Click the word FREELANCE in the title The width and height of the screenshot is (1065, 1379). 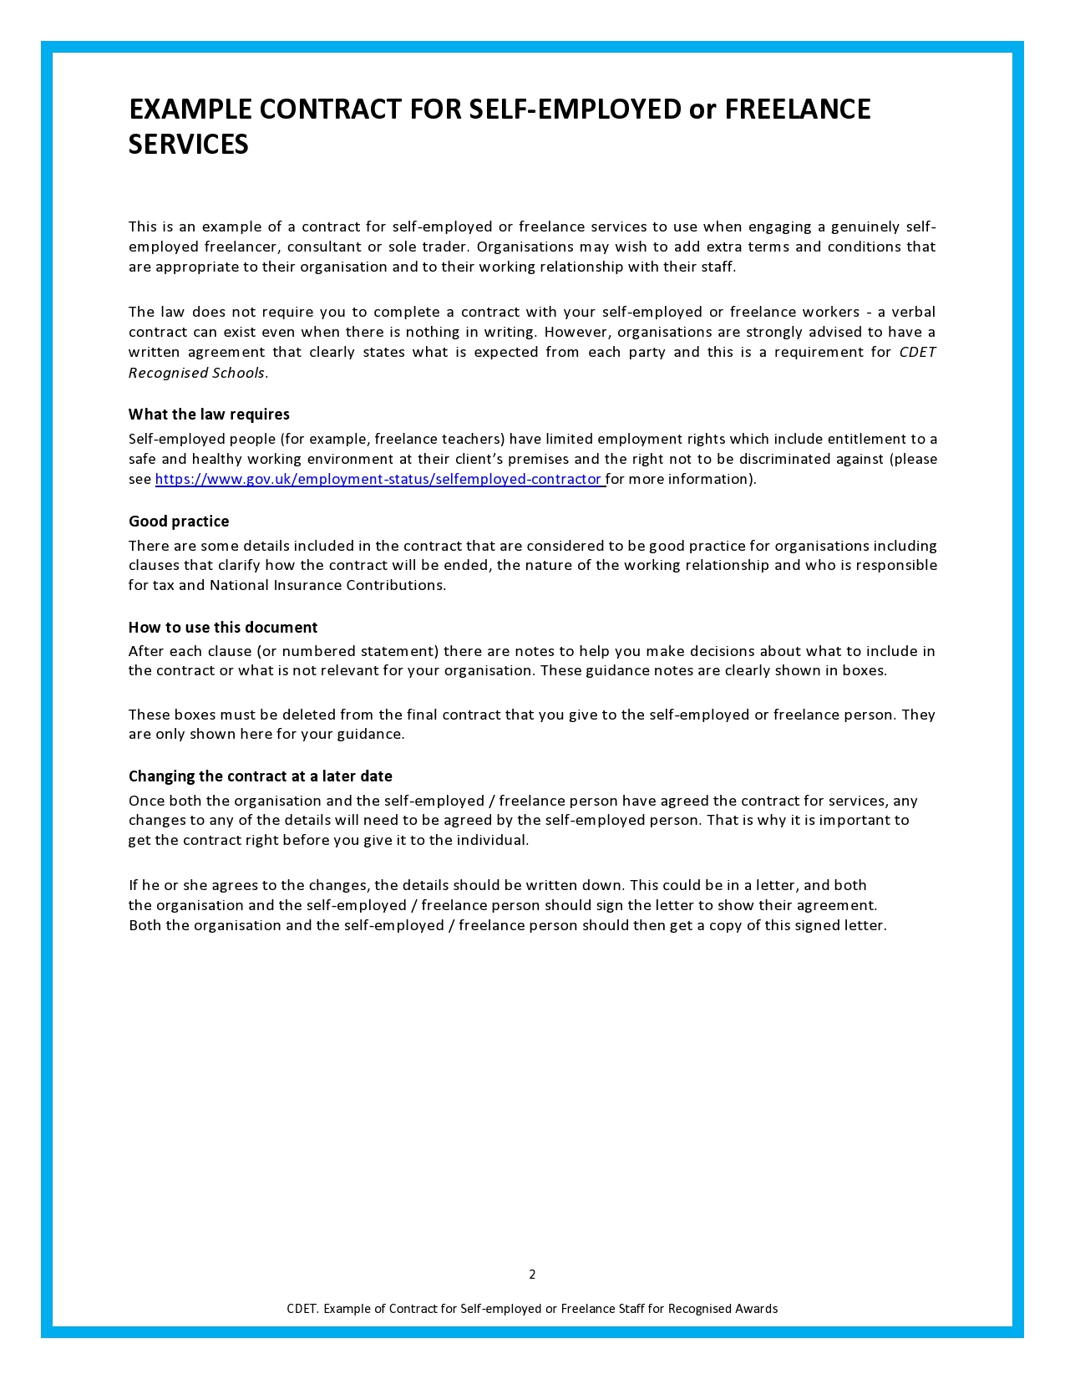click(798, 109)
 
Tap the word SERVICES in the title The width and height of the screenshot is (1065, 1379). click(189, 145)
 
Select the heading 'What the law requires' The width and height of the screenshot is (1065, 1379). click(209, 415)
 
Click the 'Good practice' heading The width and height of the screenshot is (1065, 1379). click(179, 522)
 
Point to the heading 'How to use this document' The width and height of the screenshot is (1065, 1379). click(223, 628)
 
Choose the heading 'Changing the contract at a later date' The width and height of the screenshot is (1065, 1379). click(260, 776)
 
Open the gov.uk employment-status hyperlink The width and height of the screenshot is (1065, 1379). click(378, 479)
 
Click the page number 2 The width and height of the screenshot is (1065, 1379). click(532, 1275)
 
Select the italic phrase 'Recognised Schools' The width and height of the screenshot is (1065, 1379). click(196, 373)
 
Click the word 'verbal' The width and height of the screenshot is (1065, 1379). click(913, 312)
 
